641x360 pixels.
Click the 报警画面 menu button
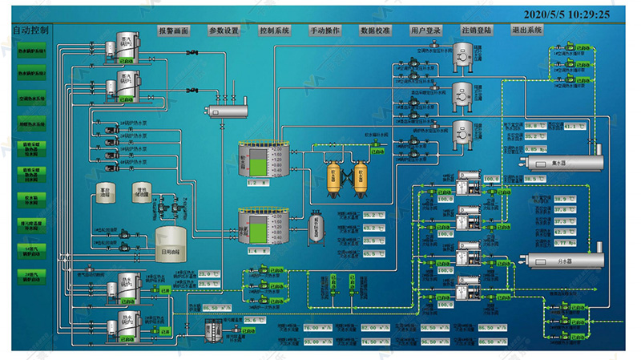[174, 30]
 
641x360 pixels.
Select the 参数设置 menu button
[224, 30]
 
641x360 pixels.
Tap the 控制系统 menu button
[275, 30]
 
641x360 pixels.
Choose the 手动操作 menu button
[325, 30]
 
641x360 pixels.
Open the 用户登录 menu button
[426, 30]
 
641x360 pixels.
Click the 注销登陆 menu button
[477, 30]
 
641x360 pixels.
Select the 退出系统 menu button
[527, 30]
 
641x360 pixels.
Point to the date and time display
[566, 13]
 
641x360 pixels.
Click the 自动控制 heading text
[30, 30]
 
